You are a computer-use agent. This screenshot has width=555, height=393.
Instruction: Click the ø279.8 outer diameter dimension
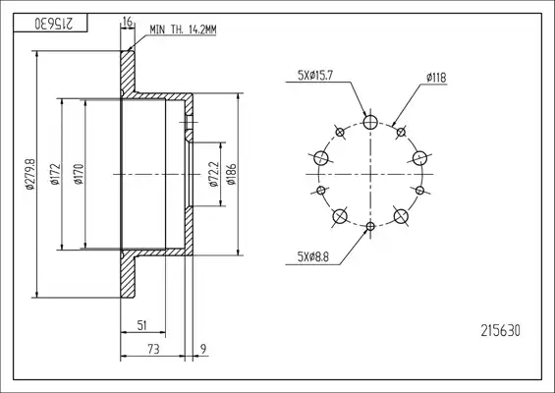point(30,174)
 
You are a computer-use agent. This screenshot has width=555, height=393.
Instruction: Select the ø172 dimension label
point(56,174)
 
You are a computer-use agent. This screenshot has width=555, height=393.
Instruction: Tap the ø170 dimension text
point(79,174)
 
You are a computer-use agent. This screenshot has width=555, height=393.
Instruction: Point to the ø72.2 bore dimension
point(214,174)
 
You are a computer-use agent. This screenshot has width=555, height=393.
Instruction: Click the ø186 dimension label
point(231,174)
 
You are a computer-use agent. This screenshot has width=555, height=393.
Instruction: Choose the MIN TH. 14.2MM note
point(183,29)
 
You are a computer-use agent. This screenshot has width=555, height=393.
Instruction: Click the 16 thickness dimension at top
point(128,22)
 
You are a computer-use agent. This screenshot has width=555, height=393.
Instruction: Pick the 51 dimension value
point(141,325)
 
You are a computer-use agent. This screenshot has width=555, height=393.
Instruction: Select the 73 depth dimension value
point(153,350)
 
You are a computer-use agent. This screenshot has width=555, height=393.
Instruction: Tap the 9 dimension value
point(203,350)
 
